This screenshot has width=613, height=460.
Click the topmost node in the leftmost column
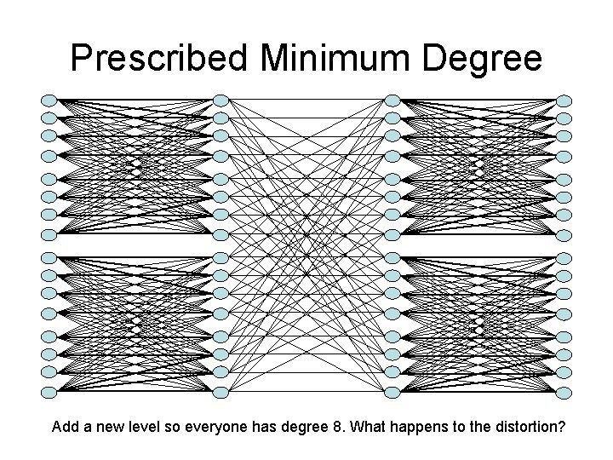click(49, 100)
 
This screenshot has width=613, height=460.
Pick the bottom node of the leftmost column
click(49, 392)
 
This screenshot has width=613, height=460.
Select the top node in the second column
click(221, 100)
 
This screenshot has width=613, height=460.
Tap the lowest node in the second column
click(221, 392)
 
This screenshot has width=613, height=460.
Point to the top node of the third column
click(392, 100)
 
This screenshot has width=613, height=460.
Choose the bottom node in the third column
click(392, 392)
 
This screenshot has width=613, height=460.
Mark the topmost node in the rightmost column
click(564, 100)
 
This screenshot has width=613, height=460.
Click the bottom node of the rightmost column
click(564, 392)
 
